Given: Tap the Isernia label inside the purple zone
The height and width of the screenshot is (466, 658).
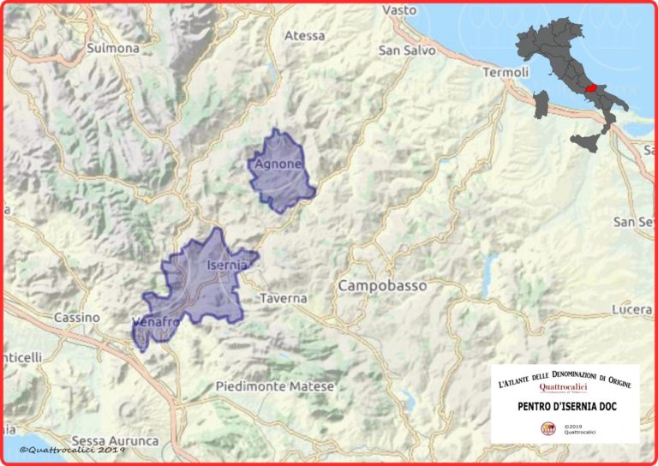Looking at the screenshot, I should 227,266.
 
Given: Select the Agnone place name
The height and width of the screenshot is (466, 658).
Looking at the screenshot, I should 278,164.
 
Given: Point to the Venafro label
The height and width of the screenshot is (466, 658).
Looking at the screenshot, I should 155,321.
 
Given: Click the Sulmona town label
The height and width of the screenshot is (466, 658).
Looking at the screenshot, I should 113,48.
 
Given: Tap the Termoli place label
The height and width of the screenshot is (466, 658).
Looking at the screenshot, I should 505,73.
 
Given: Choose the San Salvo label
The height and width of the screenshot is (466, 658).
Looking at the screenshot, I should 407,51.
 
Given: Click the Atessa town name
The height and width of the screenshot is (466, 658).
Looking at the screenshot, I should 304,36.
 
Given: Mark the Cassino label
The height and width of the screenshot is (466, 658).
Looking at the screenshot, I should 76,317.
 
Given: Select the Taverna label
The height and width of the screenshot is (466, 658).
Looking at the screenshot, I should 282,298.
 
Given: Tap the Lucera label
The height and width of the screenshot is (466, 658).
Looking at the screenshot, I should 633,308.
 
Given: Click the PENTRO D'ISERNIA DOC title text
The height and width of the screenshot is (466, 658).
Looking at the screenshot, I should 564,406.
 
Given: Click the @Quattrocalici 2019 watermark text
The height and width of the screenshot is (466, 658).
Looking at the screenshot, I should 72,450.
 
